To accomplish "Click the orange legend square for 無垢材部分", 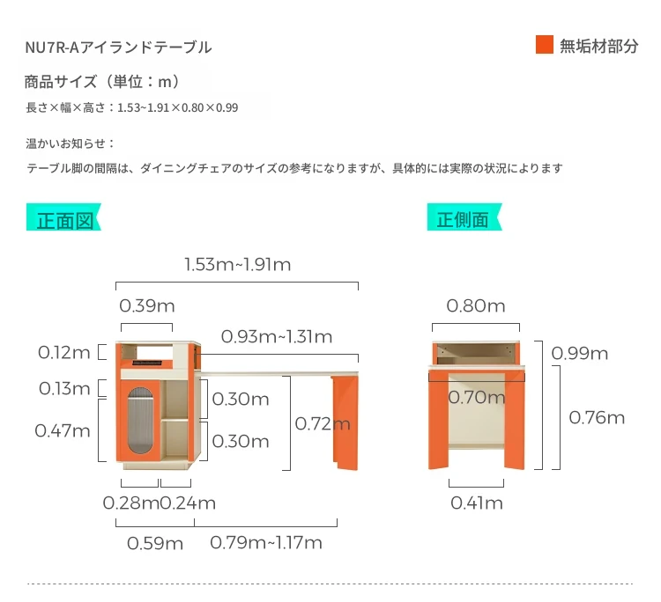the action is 545,45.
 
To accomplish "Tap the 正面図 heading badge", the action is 63,217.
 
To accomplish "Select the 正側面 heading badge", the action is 464,217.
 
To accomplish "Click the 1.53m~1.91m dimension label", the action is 238,265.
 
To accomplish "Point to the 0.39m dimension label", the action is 146,306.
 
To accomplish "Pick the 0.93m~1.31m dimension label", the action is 277,337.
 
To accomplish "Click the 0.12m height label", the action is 64,353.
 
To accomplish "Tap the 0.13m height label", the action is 64,388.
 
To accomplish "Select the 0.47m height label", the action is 63,430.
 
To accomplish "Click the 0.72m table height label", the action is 323,424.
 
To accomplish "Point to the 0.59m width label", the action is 155,544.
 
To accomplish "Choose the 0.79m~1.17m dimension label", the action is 266,543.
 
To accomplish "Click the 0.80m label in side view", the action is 476,306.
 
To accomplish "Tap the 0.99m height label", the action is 580,354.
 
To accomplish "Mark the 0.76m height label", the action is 597,418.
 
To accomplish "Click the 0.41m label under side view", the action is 477,503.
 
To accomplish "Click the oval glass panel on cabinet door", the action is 140,421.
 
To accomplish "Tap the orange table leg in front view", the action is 345,422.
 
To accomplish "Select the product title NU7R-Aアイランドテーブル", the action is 118,48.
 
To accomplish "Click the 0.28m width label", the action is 131,503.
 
